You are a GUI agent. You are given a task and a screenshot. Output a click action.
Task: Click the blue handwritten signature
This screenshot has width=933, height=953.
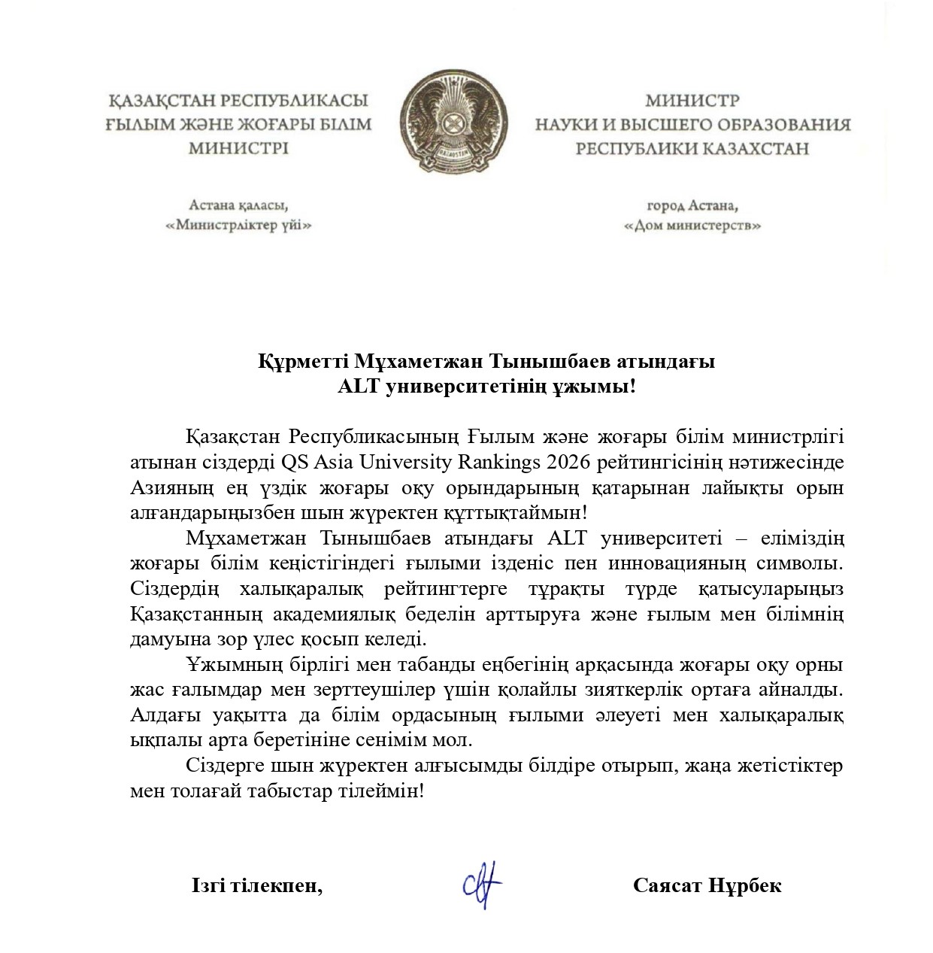[x=481, y=885]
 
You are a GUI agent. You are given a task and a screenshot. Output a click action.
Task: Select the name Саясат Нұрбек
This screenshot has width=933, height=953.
[x=707, y=885]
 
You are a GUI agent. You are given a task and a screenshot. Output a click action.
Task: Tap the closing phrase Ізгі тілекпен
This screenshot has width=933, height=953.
[x=257, y=885]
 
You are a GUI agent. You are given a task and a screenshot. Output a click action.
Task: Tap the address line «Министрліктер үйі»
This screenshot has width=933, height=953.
[x=239, y=226]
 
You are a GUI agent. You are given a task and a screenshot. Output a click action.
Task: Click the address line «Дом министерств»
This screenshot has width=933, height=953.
[x=692, y=226]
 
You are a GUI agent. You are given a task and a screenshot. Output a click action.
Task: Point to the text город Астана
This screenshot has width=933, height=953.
[x=692, y=205]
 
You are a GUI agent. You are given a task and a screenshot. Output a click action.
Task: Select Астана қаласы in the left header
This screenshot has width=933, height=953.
[x=239, y=205]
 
